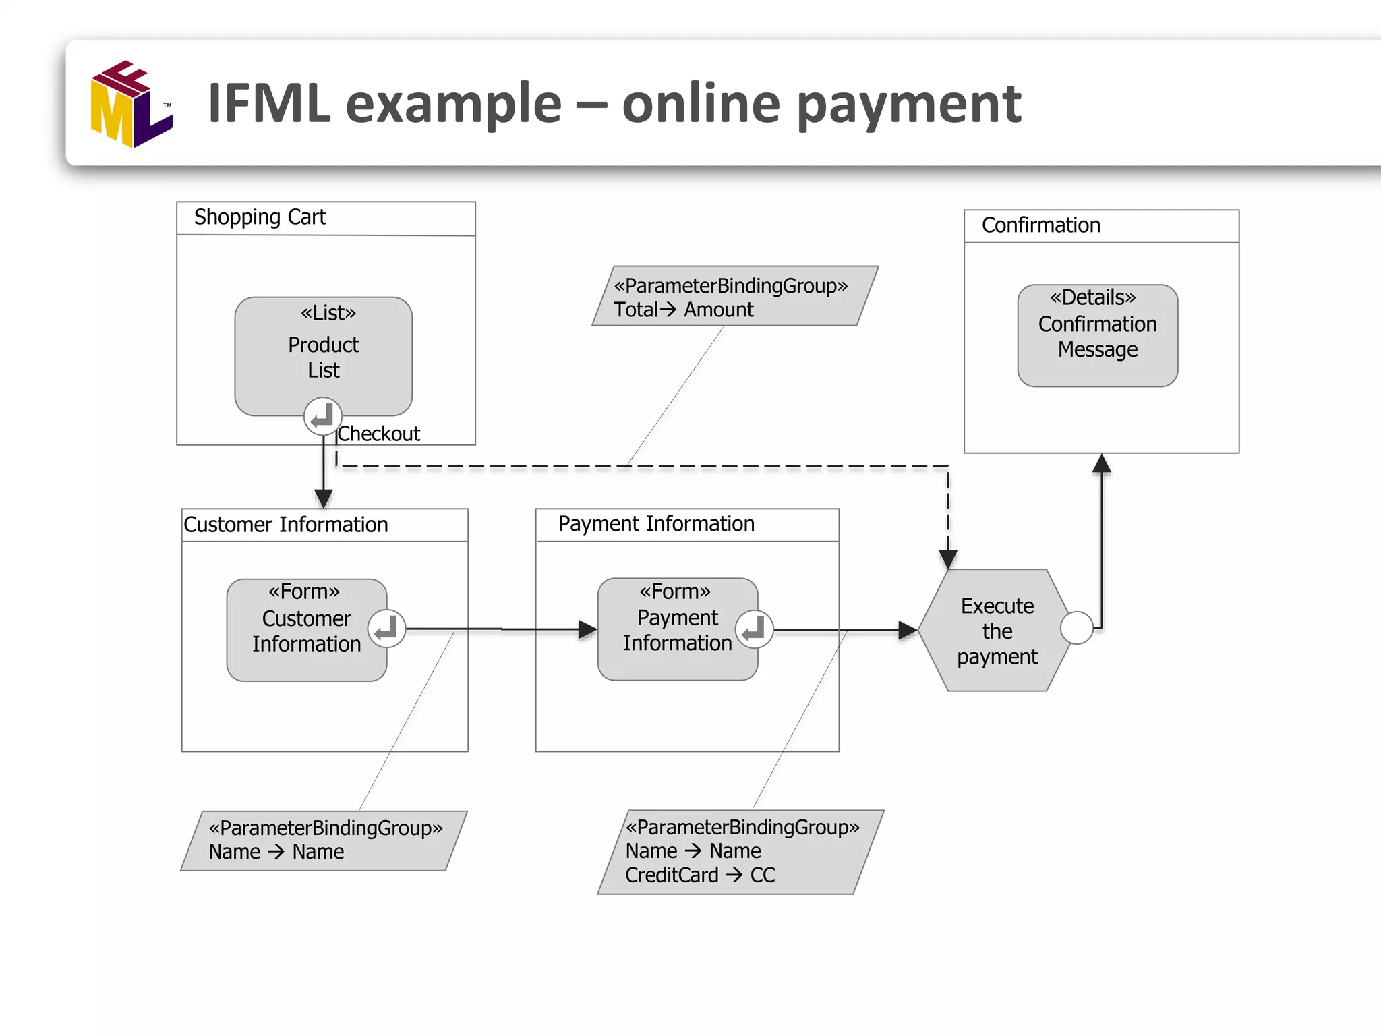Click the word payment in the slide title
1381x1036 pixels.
[909, 105]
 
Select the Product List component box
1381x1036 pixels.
[323, 351]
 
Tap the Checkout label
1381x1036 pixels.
[378, 434]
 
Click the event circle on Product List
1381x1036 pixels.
[322, 415]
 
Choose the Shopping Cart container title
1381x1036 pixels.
[260, 217]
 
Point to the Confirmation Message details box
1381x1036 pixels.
[1097, 335]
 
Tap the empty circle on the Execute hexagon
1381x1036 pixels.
[1077, 628]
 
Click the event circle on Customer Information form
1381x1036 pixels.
[387, 629]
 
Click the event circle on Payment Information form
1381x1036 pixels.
[754, 629]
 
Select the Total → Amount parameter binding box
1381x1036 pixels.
[734, 297]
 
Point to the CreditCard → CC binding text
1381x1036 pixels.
[700, 875]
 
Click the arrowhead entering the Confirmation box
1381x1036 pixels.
[1101, 463]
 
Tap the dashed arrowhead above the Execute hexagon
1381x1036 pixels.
[948, 559]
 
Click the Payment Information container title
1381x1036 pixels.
[656, 524]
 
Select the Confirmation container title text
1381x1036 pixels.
[1040, 225]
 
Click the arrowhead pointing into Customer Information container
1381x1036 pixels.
[324, 498]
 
